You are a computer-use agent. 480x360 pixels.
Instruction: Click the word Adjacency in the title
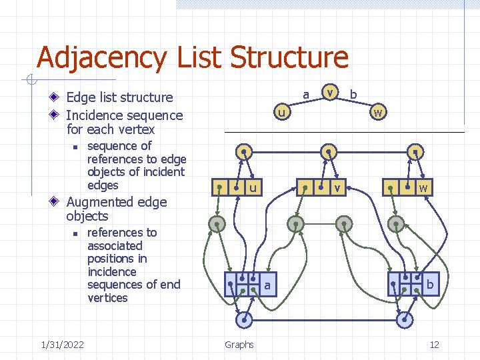[101, 58]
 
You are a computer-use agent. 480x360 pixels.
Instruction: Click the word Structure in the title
[289, 57]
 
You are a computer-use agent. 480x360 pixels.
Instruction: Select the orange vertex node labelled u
[283, 113]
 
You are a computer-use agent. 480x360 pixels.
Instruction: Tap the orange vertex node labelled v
[329, 93]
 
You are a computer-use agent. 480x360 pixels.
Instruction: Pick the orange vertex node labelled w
[377, 113]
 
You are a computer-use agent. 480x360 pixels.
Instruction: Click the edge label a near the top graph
[305, 95]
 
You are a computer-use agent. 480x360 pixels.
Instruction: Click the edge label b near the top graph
[353, 95]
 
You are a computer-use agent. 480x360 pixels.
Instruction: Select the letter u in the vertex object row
[253, 189]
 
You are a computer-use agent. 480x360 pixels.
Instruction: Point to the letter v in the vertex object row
[338, 189]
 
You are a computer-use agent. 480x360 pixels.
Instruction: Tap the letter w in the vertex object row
[423, 189]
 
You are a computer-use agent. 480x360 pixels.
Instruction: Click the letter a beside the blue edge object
[267, 285]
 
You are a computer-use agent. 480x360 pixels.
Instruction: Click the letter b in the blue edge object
[430, 285]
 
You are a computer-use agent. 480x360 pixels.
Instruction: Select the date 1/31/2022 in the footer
[62, 345]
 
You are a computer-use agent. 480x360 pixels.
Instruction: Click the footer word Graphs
[239, 345]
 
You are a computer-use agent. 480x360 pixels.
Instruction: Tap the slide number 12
[434, 345]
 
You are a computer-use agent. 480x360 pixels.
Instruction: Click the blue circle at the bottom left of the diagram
[245, 320]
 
